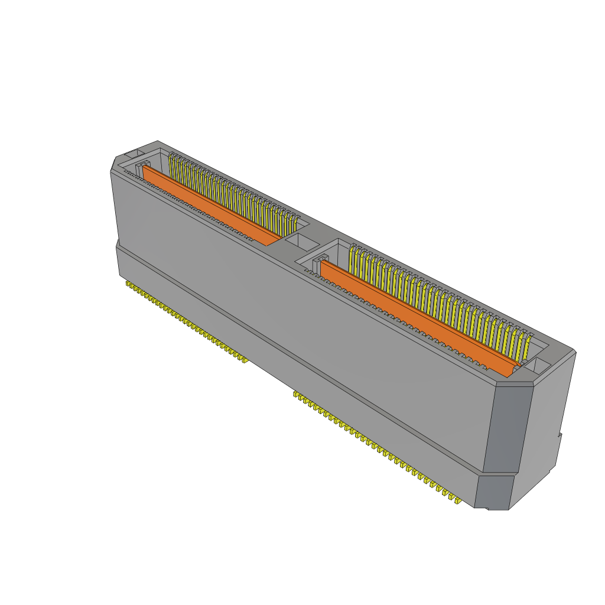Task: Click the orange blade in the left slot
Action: tap(210, 206)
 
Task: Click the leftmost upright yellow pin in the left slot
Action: tap(171, 165)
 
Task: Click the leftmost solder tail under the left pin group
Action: tap(128, 285)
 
